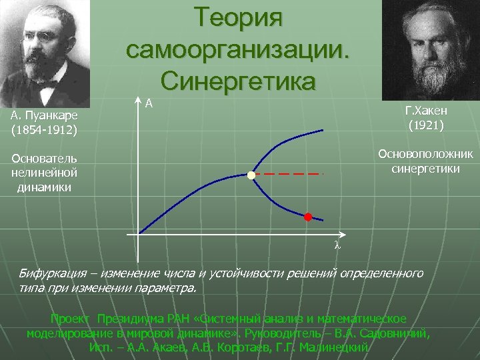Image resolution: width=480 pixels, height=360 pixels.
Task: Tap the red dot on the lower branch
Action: click(308, 217)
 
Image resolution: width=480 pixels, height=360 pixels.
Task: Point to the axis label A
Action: click(149, 103)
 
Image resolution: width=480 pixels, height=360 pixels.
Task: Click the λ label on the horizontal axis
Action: click(337, 245)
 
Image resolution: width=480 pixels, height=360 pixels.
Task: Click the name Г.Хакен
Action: click(426, 110)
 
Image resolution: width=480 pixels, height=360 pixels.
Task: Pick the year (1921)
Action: click(426, 124)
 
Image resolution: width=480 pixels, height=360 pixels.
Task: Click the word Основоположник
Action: click(425, 154)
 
